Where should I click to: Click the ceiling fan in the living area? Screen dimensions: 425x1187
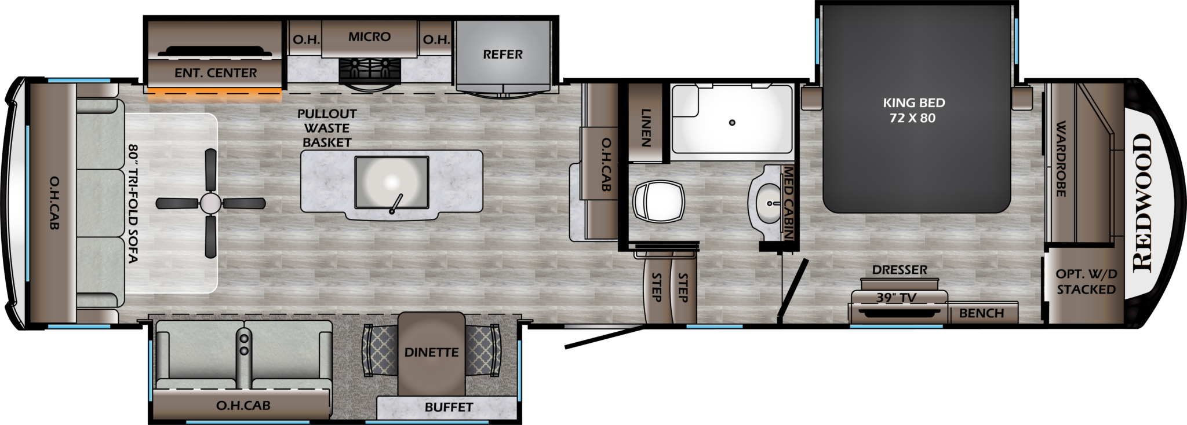point(210,203)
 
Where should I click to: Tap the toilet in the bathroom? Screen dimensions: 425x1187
point(658,202)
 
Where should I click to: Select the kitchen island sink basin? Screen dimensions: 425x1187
point(391,182)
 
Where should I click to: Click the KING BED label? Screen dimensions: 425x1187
point(914,110)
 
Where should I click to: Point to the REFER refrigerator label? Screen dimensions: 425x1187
point(503,54)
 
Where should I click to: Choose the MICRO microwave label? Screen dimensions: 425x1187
point(369,37)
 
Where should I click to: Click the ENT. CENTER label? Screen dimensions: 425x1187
point(216,73)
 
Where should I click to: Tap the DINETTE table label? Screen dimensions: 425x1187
point(431,352)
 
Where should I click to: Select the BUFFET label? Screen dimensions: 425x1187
point(449,407)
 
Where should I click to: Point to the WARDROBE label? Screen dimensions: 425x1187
point(1061,159)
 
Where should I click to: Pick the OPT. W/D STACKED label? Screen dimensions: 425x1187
point(1086,282)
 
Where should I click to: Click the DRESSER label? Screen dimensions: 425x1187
point(900,270)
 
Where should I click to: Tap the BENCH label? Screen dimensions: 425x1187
point(981,313)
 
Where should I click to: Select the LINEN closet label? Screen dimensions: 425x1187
point(646,127)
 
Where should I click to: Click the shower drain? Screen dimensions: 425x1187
point(733,123)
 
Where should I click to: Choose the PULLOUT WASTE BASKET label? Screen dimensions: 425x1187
point(327,128)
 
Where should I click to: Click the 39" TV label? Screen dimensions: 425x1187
point(895,298)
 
